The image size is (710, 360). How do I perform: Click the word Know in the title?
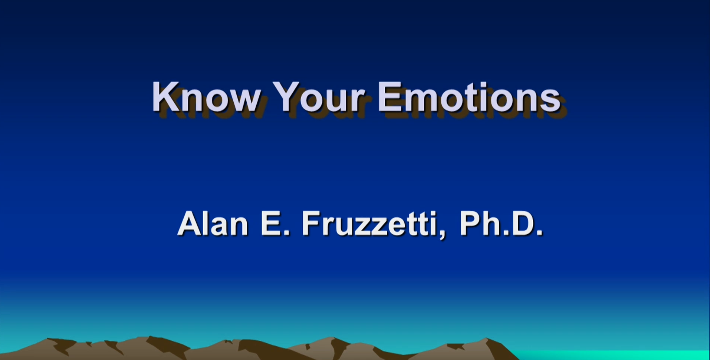tap(206, 97)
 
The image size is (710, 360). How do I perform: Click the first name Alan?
tap(213, 224)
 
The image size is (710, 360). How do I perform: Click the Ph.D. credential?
tap(501, 224)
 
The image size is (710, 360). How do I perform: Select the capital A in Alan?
tap(190, 224)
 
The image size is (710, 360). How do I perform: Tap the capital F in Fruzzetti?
tap(311, 224)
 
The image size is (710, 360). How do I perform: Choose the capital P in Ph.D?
tap(469, 224)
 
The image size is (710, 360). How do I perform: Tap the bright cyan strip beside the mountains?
tap(612, 355)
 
